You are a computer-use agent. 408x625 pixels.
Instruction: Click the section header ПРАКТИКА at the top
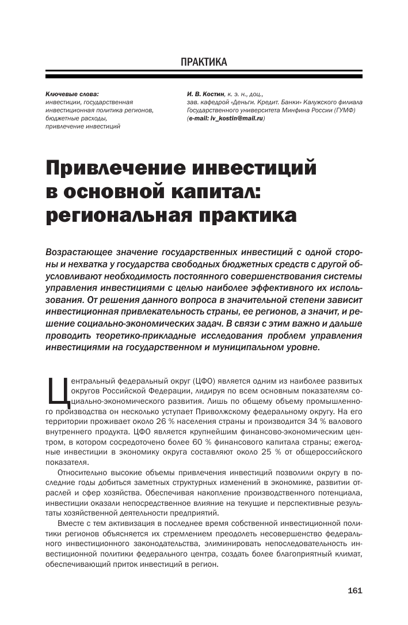204,62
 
